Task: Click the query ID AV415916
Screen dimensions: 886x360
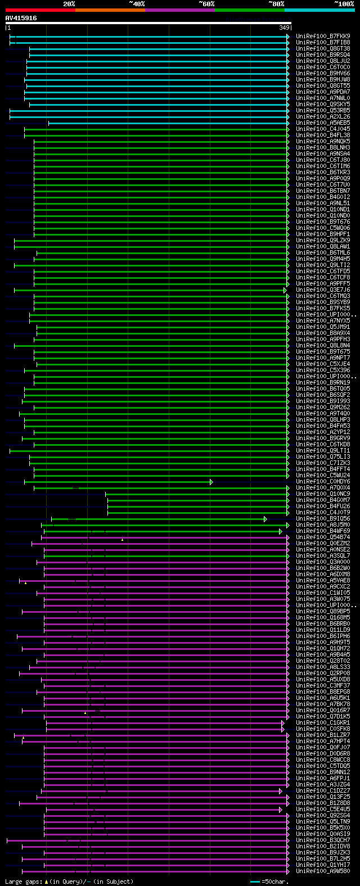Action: pos(21,18)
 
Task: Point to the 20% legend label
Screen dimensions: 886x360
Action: pos(69,4)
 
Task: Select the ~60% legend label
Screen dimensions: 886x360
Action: pos(206,4)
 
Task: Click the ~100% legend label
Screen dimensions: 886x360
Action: pos(344,4)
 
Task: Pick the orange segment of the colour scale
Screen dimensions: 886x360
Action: pos(110,10)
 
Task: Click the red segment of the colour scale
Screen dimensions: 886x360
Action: pos(40,10)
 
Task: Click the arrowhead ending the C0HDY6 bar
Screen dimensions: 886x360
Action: pos(211,482)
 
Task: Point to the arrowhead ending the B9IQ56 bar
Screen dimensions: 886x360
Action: pos(265,519)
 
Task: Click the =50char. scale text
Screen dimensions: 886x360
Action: pos(276,882)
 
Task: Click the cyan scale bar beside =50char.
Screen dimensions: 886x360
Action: pos(255,882)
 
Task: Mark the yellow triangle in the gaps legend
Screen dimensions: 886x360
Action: pos(46,882)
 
